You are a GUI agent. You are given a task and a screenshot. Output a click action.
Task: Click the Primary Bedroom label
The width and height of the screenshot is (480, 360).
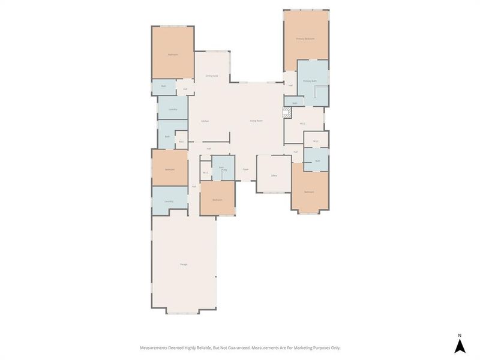coord(305,38)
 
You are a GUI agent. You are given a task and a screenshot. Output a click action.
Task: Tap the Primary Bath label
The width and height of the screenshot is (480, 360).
coord(310,80)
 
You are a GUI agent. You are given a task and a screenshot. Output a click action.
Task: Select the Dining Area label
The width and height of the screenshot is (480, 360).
coord(212,76)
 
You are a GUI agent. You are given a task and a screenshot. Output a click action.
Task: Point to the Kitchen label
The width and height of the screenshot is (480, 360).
coord(205,121)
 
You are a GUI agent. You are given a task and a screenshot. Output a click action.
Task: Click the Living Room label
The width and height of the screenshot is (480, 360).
coord(257,121)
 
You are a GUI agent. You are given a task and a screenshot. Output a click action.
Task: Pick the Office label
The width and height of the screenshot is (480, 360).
coord(274,175)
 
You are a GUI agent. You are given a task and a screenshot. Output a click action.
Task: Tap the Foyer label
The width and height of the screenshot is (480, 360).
coord(245,170)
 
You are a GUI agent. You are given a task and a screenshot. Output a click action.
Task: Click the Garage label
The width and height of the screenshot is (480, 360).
coord(184,265)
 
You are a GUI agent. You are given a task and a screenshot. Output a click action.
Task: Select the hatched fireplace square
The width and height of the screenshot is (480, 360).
coord(287,112)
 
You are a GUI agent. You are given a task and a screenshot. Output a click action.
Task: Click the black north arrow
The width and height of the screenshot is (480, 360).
coord(460,346)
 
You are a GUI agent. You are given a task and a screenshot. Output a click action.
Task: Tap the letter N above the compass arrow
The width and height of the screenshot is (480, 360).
coord(460,335)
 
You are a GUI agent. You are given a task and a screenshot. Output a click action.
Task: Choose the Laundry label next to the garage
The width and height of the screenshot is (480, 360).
coord(169,201)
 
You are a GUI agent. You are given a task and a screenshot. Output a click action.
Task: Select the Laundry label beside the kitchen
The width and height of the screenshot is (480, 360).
coord(173,109)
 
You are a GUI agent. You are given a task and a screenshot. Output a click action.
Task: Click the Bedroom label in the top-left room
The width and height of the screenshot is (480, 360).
coord(173,55)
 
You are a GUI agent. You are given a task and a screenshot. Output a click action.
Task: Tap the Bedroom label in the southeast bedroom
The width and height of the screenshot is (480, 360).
coord(309,192)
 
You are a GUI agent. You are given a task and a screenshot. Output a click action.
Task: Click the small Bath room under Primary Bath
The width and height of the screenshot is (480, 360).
coord(295,103)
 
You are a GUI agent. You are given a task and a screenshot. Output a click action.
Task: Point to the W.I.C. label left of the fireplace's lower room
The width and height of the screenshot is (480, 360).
coord(303,124)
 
